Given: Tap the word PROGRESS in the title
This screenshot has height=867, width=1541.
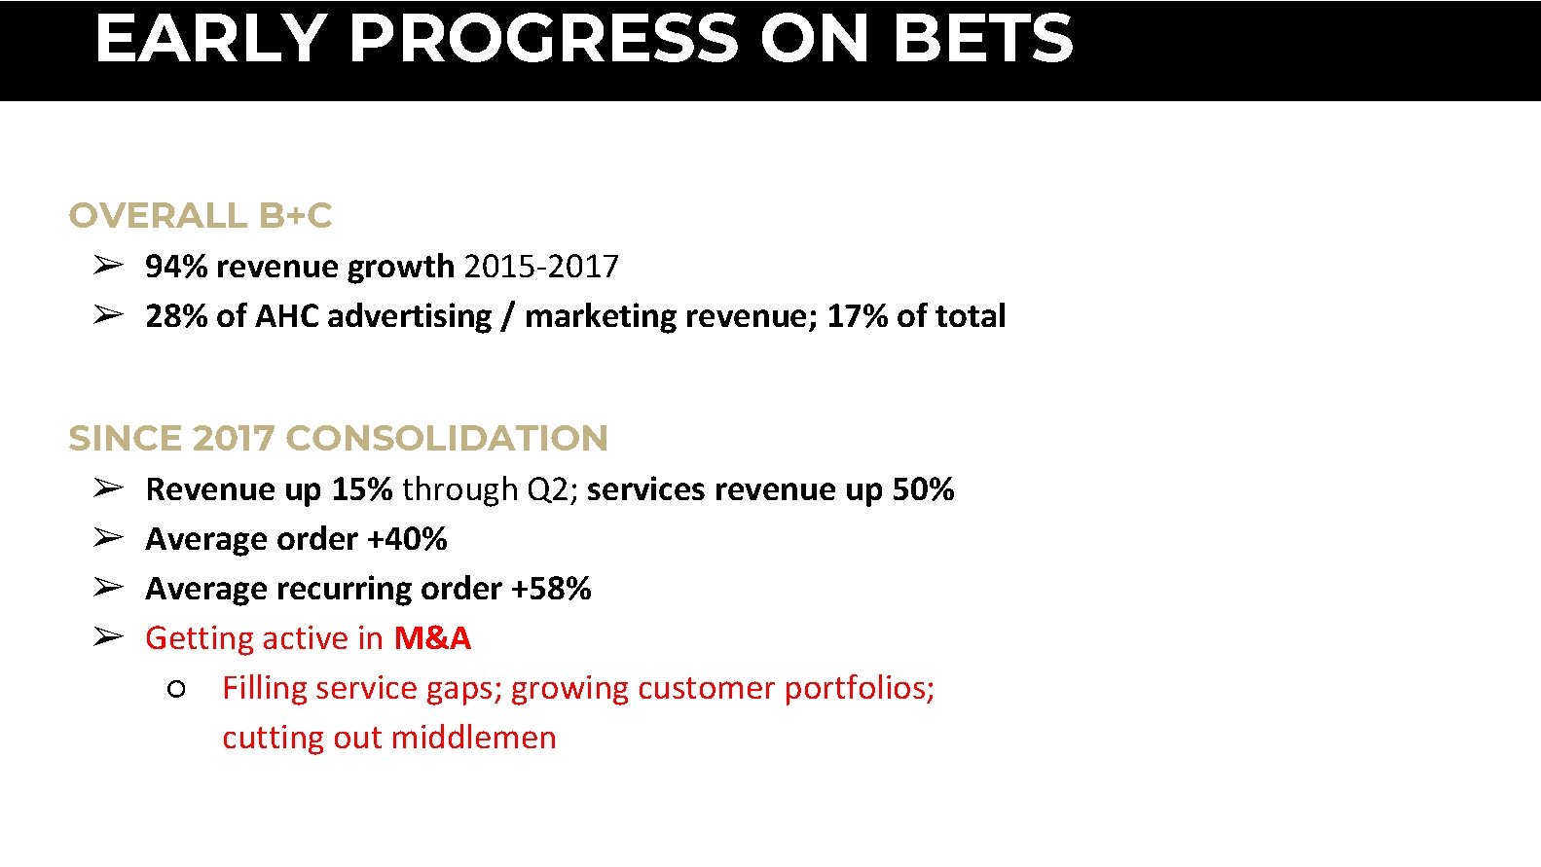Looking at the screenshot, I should tap(543, 39).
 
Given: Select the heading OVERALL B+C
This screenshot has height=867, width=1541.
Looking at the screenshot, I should tap(201, 215).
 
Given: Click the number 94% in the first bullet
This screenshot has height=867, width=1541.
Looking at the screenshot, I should tap(176, 266).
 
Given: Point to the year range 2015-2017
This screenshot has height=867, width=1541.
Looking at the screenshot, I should tap(541, 266).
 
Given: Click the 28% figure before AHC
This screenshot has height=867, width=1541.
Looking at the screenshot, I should tap(176, 315).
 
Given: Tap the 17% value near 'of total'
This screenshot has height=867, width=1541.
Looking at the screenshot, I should tap(857, 315).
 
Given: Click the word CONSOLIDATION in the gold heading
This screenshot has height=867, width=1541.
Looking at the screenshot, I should tap(447, 438).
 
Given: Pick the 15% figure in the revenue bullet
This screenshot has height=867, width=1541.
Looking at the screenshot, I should tap(361, 488).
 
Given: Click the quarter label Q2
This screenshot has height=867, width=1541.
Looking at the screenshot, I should tap(547, 488).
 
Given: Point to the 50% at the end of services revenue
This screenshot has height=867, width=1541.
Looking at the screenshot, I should tap(923, 488).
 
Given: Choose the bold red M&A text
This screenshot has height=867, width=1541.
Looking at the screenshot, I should tap(432, 637).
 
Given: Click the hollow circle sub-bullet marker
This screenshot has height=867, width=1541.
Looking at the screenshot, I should tap(176, 689).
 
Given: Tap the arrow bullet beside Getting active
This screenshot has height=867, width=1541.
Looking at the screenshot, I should tap(108, 636).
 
